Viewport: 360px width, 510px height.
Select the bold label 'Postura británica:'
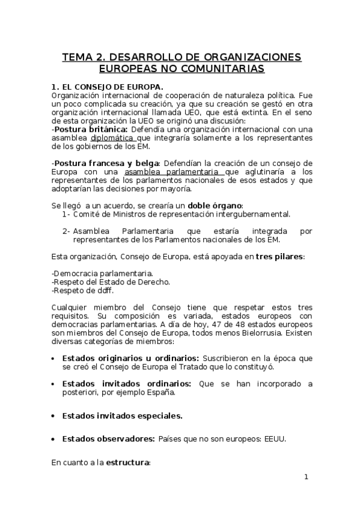point(90,129)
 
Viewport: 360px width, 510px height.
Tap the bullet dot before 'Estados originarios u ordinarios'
point(54,358)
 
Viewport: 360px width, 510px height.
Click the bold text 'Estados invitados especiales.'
point(123,415)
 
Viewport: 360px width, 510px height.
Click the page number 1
point(306,478)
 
